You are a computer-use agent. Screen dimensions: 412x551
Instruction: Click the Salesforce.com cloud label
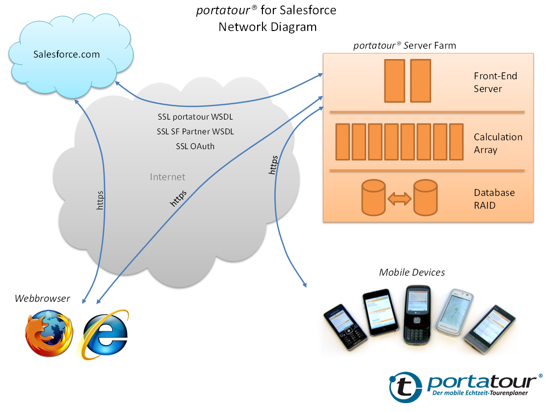coord(66,54)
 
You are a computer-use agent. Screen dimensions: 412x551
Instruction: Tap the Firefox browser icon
coord(48,333)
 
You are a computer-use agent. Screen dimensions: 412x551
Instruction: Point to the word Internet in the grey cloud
coord(168,177)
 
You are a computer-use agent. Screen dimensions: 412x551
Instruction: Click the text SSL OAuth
coord(195,146)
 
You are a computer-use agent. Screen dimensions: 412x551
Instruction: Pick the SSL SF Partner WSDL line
coord(195,132)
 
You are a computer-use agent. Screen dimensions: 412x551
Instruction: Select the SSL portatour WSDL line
coord(195,118)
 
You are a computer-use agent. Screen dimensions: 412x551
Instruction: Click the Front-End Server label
coord(495,83)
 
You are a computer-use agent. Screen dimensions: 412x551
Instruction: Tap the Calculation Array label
coord(497,143)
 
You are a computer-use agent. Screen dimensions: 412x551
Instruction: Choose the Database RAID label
coord(494,199)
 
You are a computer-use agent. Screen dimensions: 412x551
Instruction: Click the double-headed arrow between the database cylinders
coord(399,199)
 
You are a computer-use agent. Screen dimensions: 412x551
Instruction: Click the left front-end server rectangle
coord(394,81)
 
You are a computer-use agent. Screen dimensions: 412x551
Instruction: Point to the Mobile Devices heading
coord(412,272)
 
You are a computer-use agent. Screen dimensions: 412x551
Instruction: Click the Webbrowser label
coord(42,298)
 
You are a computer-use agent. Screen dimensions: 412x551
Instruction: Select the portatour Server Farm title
coord(405,46)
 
